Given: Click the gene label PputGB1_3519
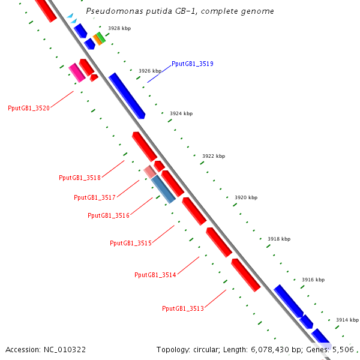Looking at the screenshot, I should click(x=192, y=64).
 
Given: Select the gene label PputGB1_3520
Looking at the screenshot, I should click(x=29, y=109).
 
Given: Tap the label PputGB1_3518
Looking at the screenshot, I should click(x=80, y=178).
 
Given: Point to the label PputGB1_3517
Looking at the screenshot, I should click(x=95, y=197).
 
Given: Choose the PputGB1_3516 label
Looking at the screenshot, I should click(x=109, y=215).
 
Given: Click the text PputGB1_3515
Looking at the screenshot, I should click(x=131, y=243).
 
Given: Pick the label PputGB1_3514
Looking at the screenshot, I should click(x=155, y=275).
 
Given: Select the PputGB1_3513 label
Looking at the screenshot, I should click(x=183, y=308).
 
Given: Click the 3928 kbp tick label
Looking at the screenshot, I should click(x=119, y=28).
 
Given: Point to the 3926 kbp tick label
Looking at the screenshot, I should click(x=150, y=71).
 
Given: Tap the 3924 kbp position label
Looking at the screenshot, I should click(x=181, y=113).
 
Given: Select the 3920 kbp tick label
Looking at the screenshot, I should click(x=246, y=197).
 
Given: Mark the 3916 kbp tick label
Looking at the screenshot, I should click(x=313, y=280).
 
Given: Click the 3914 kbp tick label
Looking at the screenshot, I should click(x=347, y=320).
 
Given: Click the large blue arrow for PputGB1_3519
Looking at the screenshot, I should click(x=127, y=95).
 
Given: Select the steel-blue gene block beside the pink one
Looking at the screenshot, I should click(x=163, y=189).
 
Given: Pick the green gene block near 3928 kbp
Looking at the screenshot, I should click(x=101, y=37).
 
